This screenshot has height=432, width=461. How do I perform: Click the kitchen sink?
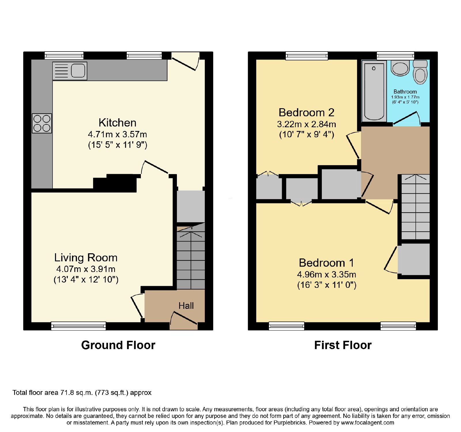70,71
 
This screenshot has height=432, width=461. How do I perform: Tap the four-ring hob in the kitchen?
42,123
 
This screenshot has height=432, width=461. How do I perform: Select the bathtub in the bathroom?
374,91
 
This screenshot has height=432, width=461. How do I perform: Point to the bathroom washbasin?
400,68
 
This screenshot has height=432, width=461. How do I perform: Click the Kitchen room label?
117,123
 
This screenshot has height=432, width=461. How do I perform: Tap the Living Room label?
86,257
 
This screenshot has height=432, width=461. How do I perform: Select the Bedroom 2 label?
306,112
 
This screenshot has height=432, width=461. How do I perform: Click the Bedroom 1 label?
326,263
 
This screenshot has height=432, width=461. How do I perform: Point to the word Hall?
186,306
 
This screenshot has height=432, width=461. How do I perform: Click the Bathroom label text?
405,92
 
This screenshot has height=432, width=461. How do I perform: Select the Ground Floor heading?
118,345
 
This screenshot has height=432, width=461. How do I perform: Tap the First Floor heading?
343,345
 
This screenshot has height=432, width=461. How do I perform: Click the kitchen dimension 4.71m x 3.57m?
117,134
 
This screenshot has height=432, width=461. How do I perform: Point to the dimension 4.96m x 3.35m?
326,275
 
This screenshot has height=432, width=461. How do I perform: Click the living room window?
78,326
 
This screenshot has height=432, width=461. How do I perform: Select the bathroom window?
395,56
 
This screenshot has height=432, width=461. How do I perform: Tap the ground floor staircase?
191,256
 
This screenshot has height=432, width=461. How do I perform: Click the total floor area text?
82,393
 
